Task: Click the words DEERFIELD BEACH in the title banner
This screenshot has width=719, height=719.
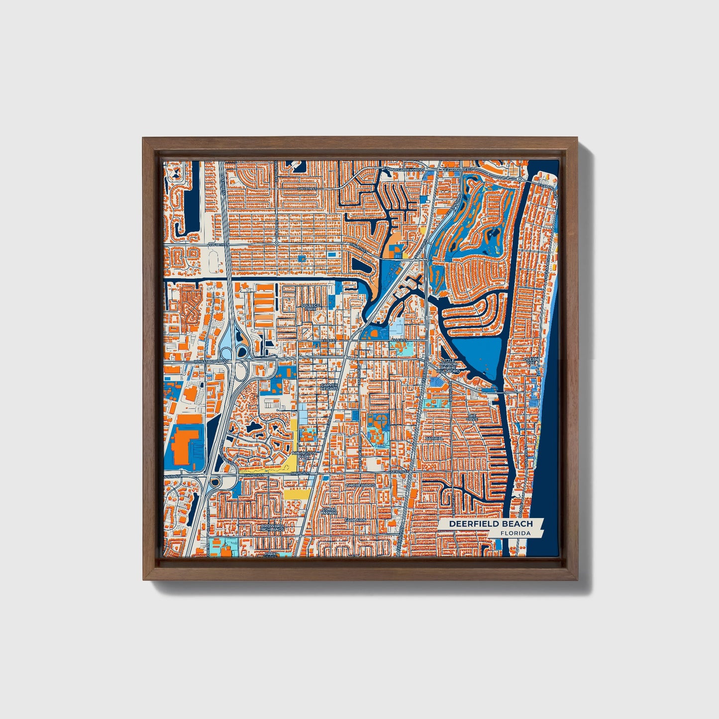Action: (491, 523)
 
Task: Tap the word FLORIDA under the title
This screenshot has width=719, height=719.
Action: (515, 533)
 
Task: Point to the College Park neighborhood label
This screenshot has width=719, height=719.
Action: (309, 307)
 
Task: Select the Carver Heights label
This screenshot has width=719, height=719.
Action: (329, 387)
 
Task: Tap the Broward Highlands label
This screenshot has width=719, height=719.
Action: (272, 527)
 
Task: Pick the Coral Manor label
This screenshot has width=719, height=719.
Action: (329, 511)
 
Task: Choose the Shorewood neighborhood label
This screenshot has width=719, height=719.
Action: (360, 485)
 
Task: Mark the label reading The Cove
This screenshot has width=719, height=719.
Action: (471, 417)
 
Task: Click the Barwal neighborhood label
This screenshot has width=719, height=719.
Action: (434, 438)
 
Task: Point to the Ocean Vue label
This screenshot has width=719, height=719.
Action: (530, 361)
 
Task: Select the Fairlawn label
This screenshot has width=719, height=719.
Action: (356, 520)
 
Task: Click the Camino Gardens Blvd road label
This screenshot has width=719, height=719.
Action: (404, 170)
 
